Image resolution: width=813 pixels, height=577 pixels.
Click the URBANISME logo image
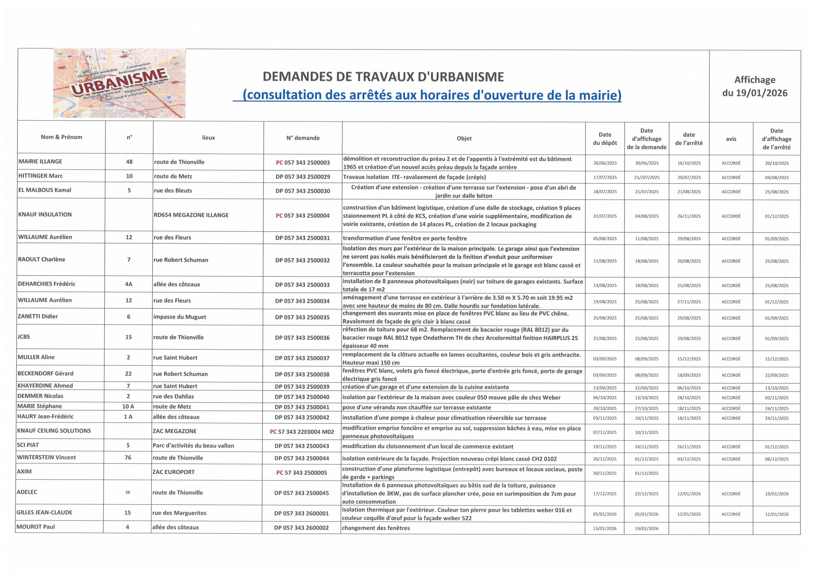119,83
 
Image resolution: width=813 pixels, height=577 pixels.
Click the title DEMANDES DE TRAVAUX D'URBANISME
383,77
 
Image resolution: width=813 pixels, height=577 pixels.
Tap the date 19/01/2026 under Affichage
755,93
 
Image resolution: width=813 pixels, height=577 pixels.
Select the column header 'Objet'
464,138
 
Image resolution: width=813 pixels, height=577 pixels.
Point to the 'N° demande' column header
303,138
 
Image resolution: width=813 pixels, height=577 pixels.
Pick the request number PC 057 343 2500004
303,216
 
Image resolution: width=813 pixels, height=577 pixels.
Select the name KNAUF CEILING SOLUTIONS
54,431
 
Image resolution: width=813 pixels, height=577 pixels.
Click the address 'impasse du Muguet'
179,317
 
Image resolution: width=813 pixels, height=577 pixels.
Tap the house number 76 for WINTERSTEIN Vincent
128,458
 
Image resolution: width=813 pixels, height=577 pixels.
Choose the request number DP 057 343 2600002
301,527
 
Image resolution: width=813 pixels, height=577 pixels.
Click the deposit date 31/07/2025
605,216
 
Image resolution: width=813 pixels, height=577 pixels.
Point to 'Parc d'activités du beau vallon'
193,446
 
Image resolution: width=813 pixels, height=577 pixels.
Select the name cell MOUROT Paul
36,527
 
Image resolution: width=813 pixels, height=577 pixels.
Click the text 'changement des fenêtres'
376,528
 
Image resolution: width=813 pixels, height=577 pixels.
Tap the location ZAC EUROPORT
173,472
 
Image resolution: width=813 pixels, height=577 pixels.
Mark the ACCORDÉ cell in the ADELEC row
731,493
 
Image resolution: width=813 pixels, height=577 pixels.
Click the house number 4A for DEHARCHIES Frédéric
129,284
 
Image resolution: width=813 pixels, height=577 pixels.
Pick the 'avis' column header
731,139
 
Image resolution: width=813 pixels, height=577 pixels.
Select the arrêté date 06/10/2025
689,388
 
